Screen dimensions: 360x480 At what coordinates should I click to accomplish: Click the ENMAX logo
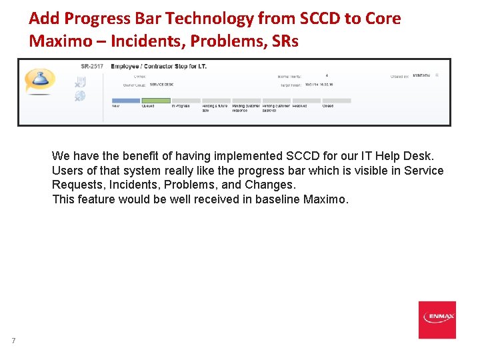[x=437, y=320]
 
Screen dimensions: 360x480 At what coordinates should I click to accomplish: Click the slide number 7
[x=13, y=341]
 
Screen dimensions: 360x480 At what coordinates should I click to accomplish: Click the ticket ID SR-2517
[x=92, y=67]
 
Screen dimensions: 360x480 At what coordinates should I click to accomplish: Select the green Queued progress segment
[x=157, y=101]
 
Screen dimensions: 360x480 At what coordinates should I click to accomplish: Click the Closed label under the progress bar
[x=328, y=106]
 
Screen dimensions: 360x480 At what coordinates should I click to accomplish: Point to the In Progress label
[x=181, y=106]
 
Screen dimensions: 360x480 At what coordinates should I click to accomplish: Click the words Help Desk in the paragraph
[x=405, y=156]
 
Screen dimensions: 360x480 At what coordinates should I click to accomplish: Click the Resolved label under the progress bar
[x=300, y=106]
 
